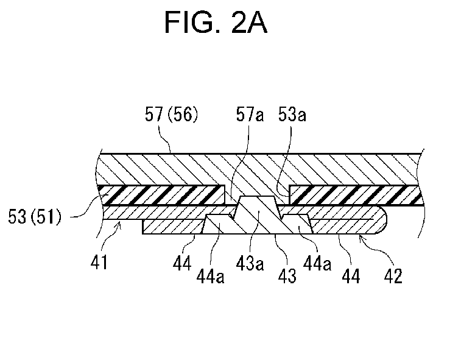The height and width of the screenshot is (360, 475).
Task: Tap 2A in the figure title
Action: click(x=249, y=22)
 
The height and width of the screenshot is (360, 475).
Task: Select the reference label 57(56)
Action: click(x=172, y=115)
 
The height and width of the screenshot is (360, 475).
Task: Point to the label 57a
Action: click(x=250, y=115)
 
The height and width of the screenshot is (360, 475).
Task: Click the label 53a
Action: click(x=292, y=115)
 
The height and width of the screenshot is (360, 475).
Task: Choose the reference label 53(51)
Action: click(x=35, y=217)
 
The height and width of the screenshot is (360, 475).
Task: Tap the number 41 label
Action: click(x=99, y=262)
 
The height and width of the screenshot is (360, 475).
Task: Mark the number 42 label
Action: click(x=393, y=276)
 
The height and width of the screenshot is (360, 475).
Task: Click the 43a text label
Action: click(x=250, y=263)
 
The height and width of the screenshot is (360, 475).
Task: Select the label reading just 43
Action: click(x=287, y=276)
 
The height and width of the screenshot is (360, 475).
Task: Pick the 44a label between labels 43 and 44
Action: click(x=317, y=263)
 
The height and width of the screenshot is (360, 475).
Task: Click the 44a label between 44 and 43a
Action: click(x=211, y=276)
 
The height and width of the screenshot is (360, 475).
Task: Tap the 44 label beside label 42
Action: click(x=351, y=276)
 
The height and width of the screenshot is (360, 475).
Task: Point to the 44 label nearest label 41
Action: click(x=182, y=263)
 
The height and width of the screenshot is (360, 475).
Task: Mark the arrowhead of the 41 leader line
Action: click(x=121, y=224)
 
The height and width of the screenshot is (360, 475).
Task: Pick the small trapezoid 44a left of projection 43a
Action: click(x=216, y=224)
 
